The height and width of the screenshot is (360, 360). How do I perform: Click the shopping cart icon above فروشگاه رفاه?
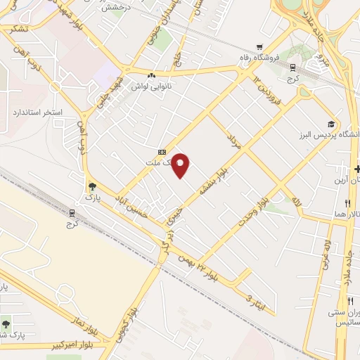(261, 47)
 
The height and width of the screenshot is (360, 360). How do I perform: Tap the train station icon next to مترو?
(291, 67)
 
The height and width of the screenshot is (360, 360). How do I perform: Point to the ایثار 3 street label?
(256, 298)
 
